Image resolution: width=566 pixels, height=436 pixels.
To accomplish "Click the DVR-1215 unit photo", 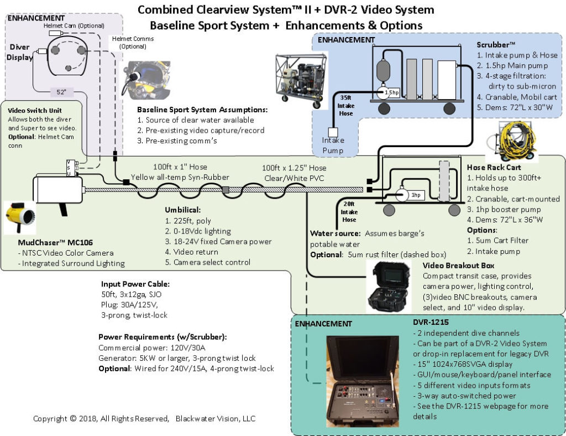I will pos(364,381).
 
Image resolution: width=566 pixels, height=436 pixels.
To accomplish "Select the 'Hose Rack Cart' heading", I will pos(493,167).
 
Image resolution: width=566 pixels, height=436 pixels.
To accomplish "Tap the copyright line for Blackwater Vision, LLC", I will pos(144,419).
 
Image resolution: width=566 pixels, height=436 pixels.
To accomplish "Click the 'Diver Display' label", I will pos(20,52).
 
